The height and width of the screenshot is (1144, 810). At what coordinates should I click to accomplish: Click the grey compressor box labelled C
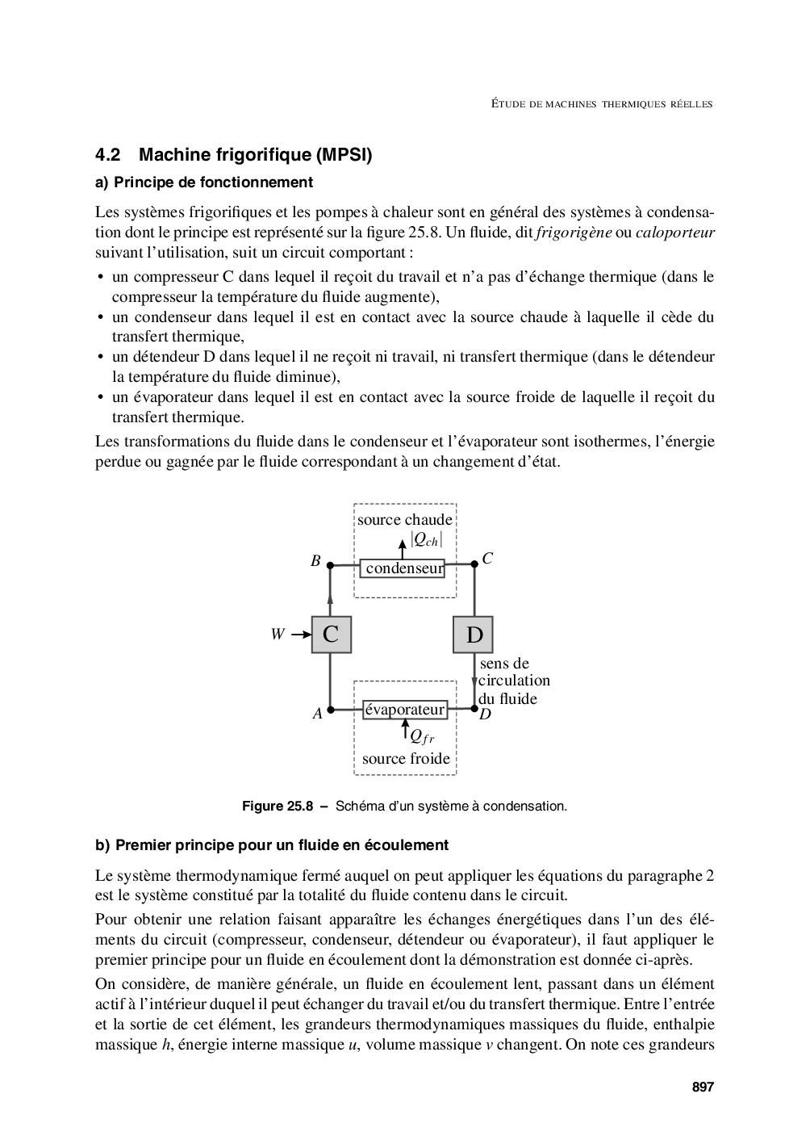pos(331,634)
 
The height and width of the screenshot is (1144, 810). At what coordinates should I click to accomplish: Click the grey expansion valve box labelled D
pos(474,634)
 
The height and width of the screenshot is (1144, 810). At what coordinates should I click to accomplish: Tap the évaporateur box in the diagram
pos(405,710)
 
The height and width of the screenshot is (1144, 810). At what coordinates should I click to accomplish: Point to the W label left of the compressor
pos(278,635)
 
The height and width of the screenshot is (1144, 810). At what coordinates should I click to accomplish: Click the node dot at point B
pos(330,566)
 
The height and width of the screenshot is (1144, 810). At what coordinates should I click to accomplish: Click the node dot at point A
pos(330,710)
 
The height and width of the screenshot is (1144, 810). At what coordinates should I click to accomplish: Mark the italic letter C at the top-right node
pos(487,558)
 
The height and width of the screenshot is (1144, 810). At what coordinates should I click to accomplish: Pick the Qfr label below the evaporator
pos(421,735)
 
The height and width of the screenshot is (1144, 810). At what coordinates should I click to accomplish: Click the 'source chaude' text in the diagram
pos(405,519)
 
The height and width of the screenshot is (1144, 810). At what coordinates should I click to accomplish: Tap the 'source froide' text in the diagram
pos(406,758)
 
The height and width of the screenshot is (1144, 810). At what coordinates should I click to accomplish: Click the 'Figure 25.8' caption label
pos(278,806)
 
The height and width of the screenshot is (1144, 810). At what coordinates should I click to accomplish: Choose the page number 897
pos(703,1087)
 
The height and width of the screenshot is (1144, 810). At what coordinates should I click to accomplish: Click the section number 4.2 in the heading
pos(107,155)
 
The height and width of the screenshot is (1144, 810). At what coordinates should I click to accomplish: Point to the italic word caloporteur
pos(675,233)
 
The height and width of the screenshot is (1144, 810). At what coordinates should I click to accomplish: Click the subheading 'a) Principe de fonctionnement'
pos(203,182)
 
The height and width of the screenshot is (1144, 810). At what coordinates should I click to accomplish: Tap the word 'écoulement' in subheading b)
pos(407,845)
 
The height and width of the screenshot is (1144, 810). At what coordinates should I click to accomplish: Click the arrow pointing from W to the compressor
pos(301,635)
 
